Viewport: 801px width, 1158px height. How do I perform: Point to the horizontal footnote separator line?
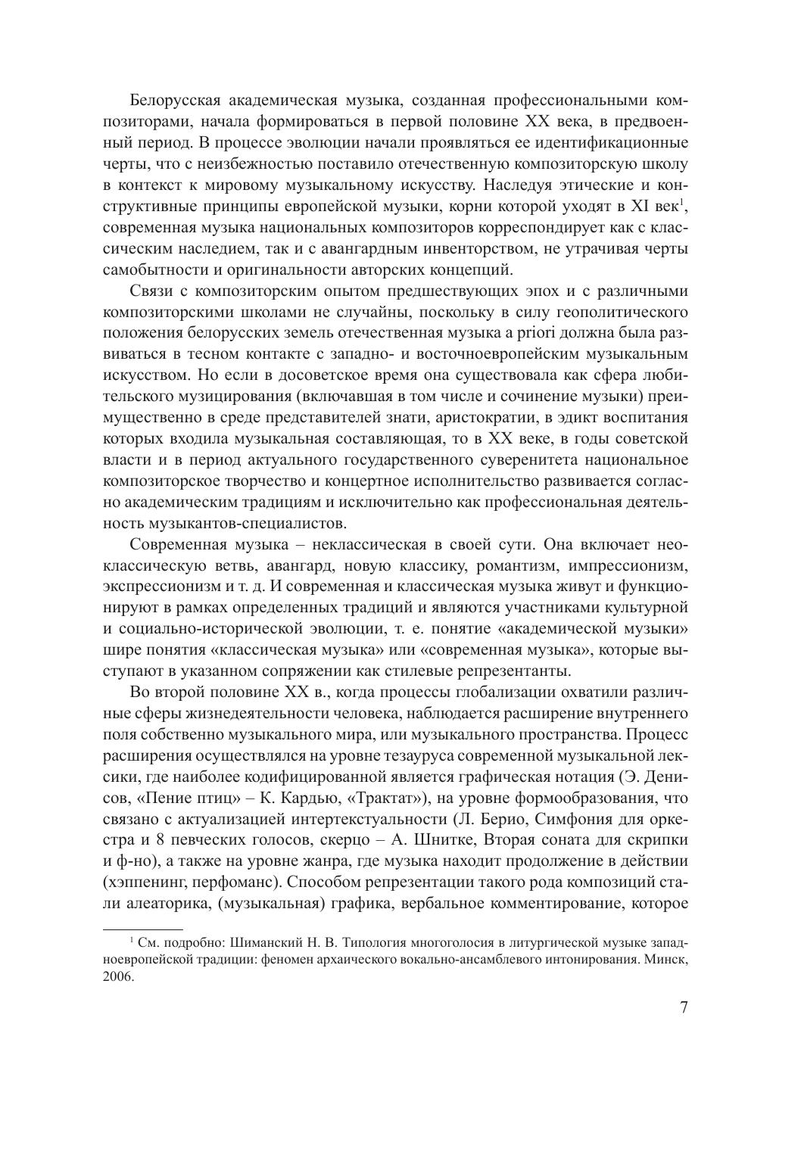tap(142, 929)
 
